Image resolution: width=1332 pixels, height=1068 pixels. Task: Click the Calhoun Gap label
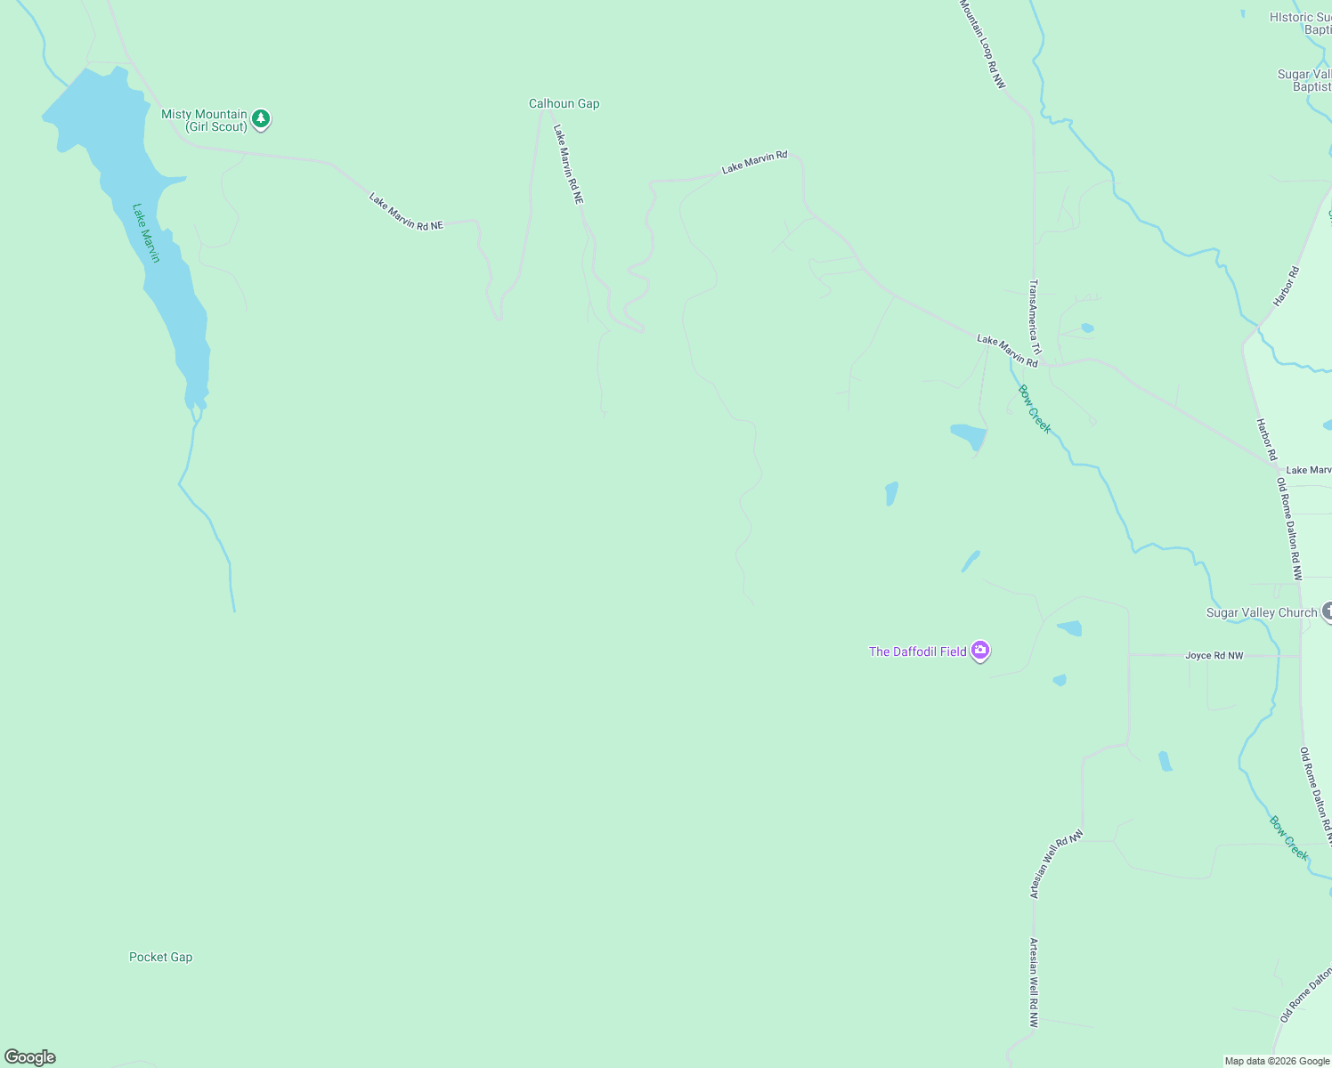[564, 104]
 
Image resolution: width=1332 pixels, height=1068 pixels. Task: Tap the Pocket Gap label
[160, 958]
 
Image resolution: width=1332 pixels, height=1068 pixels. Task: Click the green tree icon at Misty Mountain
[260, 119]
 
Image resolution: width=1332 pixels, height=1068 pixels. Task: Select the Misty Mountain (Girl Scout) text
[204, 120]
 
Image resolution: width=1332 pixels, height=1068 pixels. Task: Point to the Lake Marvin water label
[146, 233]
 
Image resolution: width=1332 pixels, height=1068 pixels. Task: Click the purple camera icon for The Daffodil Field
[980, 651]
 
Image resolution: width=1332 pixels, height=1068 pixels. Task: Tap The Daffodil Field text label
[917, 652]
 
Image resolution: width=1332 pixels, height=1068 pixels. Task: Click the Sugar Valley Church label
[1261, 613]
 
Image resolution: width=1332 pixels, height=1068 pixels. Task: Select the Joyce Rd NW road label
[1214, 656]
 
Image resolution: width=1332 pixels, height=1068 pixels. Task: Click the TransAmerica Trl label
[1034, 317]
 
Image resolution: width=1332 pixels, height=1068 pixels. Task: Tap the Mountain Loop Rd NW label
[982, 44]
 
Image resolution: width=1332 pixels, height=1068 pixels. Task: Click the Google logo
[30, 1057]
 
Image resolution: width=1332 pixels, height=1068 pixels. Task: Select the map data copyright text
[1277, 1061]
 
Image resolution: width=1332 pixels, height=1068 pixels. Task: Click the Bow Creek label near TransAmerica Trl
[1035, 409]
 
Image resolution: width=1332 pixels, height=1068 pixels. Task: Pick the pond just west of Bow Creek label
[969, 436]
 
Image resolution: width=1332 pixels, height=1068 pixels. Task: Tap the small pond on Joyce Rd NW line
[1060, 681]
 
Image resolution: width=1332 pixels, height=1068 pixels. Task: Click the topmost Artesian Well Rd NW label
[1056, 864]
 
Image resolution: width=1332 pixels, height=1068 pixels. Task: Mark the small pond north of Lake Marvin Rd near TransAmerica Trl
[1087, 328]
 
